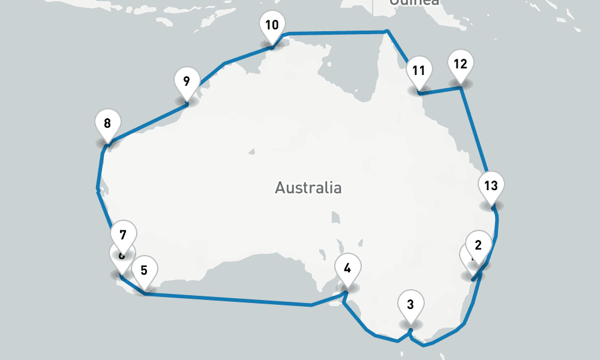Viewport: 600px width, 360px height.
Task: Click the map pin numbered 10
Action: click(272, 26)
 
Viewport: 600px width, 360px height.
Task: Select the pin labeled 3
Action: click(410, 305)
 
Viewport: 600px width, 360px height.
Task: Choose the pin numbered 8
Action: click(107, 125)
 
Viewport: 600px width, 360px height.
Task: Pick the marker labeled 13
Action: click(491, 186)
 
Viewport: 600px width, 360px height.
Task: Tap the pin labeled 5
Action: click(144, 271)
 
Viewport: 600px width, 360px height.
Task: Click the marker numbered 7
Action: click(123, 235)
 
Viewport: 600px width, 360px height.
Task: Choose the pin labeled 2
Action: click(478, 245)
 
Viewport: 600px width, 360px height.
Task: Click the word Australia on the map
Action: click(308, 188)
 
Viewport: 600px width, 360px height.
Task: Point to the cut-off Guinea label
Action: click(414, 2)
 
